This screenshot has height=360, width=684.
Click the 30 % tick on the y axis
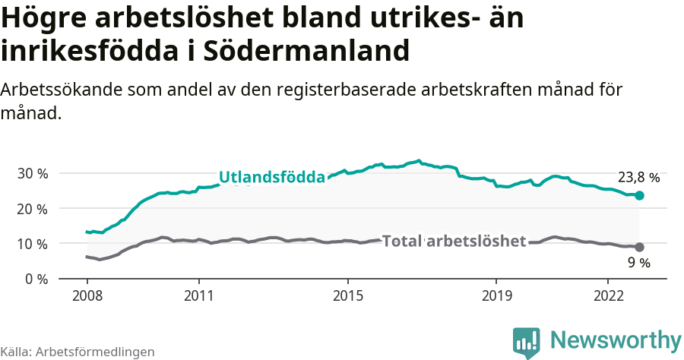[32, 173]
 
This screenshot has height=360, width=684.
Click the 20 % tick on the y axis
[32, 208]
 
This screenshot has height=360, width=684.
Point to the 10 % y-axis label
[32, 244]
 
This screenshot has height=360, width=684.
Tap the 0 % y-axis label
[36, 279]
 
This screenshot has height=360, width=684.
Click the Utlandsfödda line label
[272, 178]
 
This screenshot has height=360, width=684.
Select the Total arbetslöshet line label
[454, 242]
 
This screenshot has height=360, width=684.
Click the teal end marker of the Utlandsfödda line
[639, 195]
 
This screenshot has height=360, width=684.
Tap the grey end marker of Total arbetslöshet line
[639, 247]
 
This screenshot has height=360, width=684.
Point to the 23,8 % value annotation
[638, 178]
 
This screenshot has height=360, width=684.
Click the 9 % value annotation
[638, 263]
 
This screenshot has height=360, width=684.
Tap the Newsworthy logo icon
[526, 343]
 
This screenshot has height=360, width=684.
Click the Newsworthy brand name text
[616, 340]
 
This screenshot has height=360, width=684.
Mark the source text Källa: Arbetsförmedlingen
[78, 352]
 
